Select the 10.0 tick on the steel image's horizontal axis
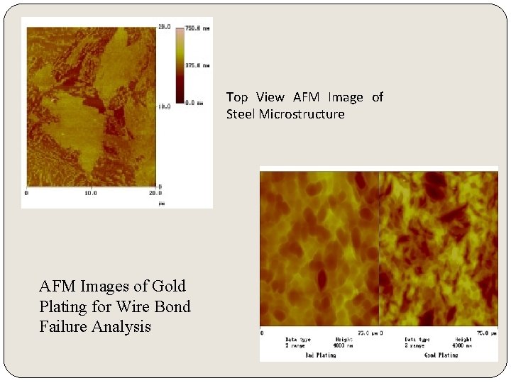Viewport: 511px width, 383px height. (91, 192)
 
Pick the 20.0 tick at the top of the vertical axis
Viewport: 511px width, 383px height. (164, 27)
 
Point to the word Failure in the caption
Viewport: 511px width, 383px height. (65, 327)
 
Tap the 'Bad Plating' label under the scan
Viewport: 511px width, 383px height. (321, 355)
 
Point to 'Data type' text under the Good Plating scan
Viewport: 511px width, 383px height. (417, 340)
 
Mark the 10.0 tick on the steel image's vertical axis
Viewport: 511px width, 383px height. (164, 107)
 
